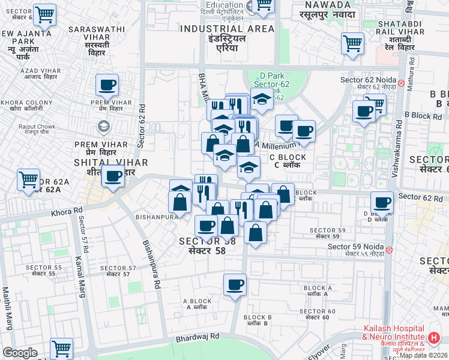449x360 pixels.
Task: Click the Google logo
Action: [20, 352]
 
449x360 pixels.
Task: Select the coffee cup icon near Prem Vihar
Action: [106, 86]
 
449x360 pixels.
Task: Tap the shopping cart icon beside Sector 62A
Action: [28, 179]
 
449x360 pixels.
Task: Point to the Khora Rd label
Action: [67, 211]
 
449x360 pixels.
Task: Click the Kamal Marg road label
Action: [79, 277]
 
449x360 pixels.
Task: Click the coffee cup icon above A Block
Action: [235, 284]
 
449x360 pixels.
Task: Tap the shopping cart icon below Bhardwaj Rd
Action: [61, 347]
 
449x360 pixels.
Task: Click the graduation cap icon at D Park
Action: [261, 100]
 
